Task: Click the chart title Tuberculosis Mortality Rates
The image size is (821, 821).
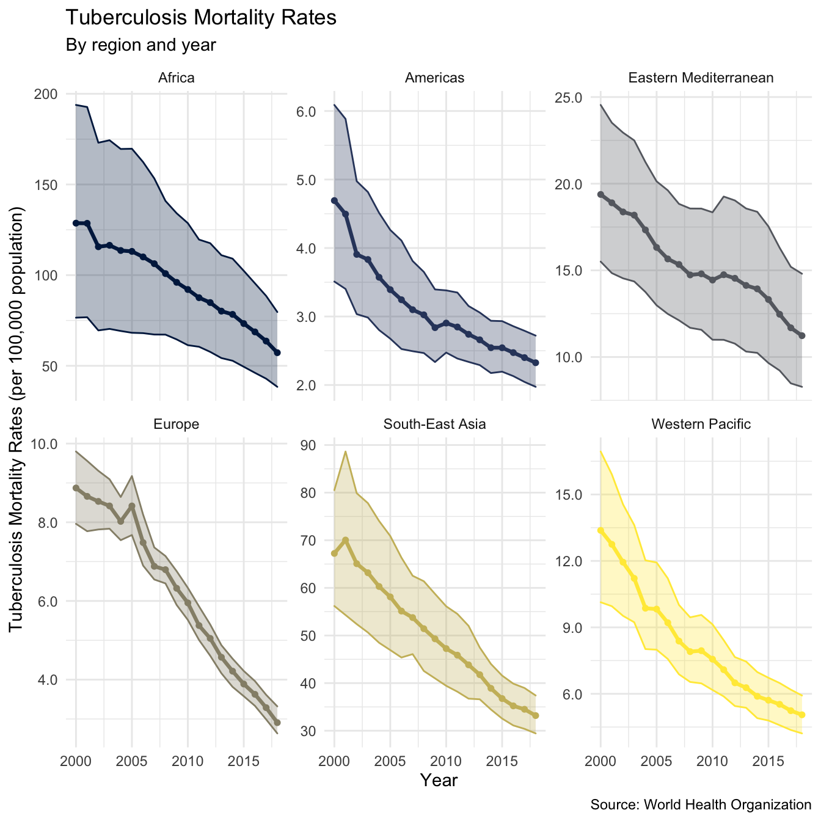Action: click(200, 18)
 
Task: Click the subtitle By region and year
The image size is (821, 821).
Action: click(140, 45)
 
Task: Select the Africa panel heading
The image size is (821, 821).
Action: click(176, 78)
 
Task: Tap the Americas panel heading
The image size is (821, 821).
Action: click(434, 78)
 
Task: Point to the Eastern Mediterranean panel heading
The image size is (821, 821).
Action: click(701, 78)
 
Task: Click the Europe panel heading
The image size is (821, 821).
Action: click(176, 424)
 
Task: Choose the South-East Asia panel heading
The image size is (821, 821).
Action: click(434, 424)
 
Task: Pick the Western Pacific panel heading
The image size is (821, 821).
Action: click(701, 424)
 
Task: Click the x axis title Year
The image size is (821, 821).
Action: click(439, 780)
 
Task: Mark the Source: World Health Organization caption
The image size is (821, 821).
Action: click(701, 805)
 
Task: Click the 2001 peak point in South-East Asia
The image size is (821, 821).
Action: click(346, 540)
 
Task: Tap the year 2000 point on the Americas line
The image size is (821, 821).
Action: click(334, 200)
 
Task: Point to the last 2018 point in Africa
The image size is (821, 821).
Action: click(277, 352)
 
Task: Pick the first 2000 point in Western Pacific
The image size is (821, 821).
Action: click(600, 531)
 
